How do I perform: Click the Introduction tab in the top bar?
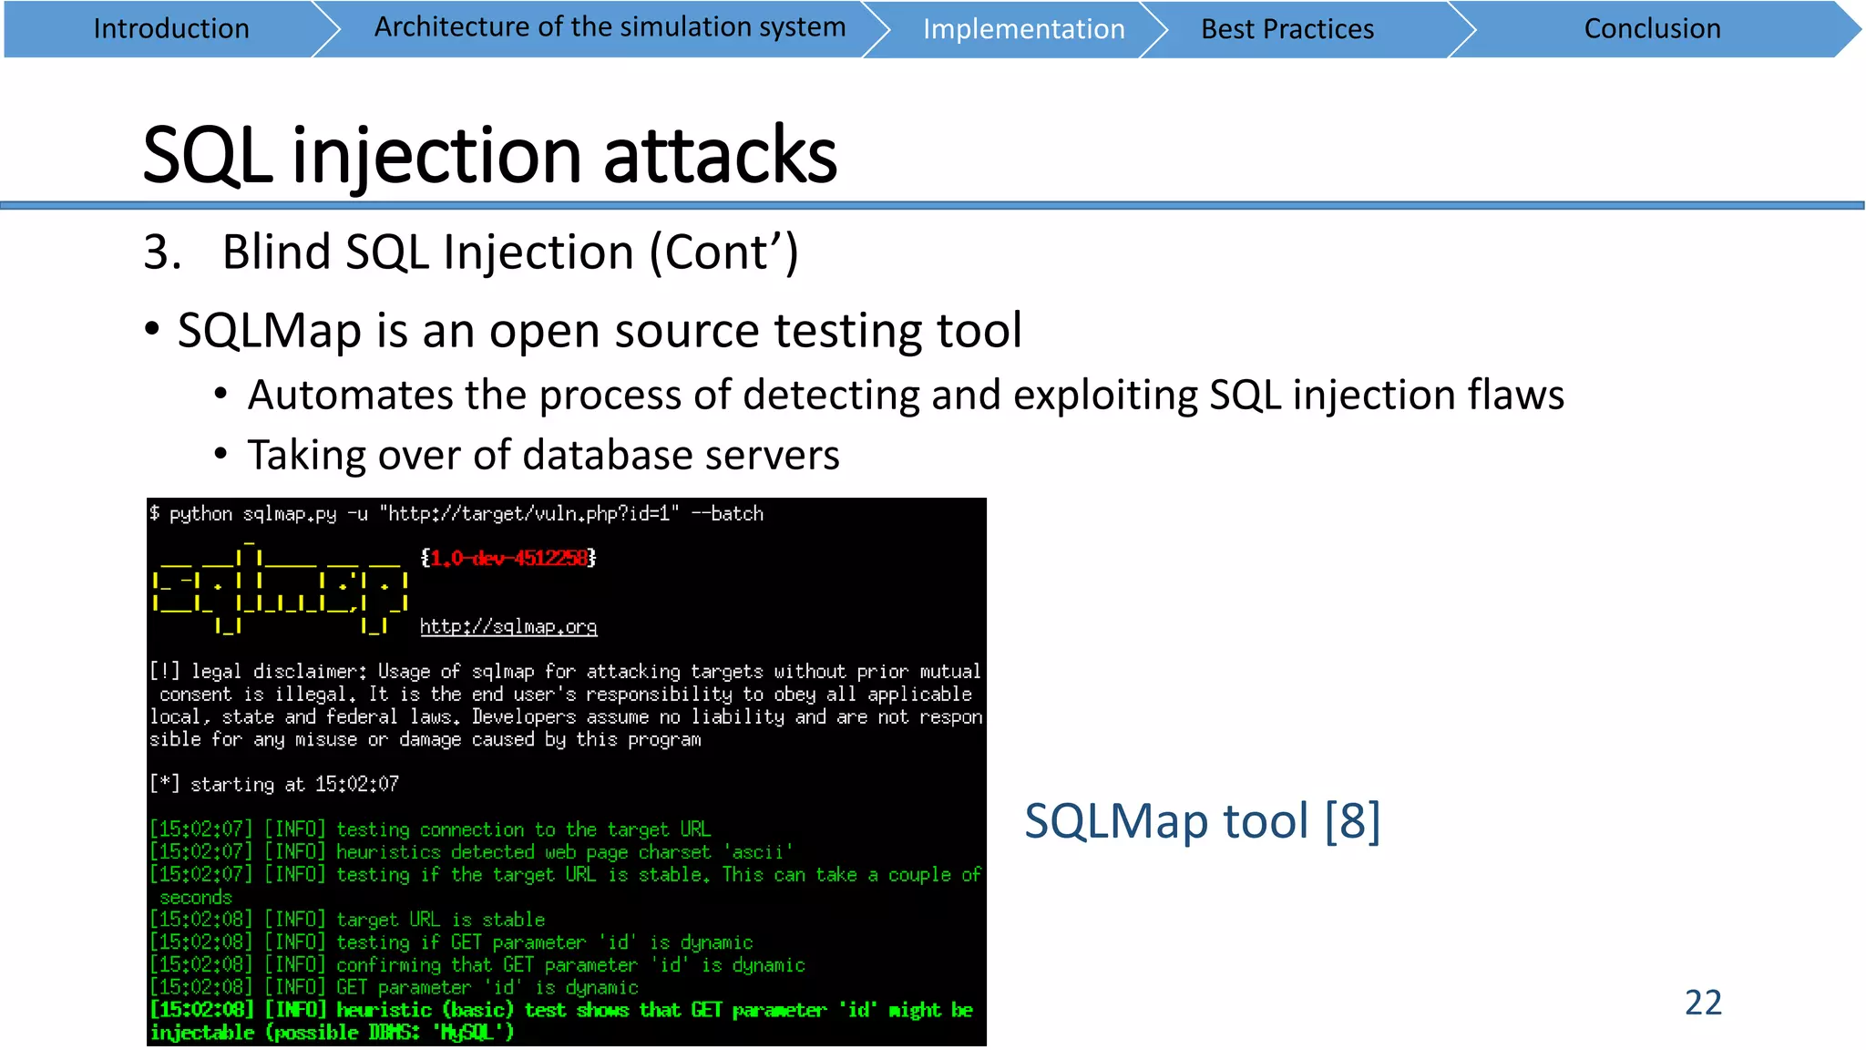click(171, 29)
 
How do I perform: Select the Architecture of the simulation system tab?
click(610, 27)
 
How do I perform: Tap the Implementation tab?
click(1023, 29)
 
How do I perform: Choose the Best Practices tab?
click(1287, 29)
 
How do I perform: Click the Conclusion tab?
click(1652, 29)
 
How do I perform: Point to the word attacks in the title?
click(720, 155)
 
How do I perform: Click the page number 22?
click(1703, 1003)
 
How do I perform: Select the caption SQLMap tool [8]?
click(1202, 820)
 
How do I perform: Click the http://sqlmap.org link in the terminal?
click(508, 626)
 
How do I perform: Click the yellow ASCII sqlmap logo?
click(280, 588)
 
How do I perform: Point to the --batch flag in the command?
click(727, 513)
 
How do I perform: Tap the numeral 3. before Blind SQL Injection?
click(162, 252)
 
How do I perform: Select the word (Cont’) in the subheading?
click(723, 252)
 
